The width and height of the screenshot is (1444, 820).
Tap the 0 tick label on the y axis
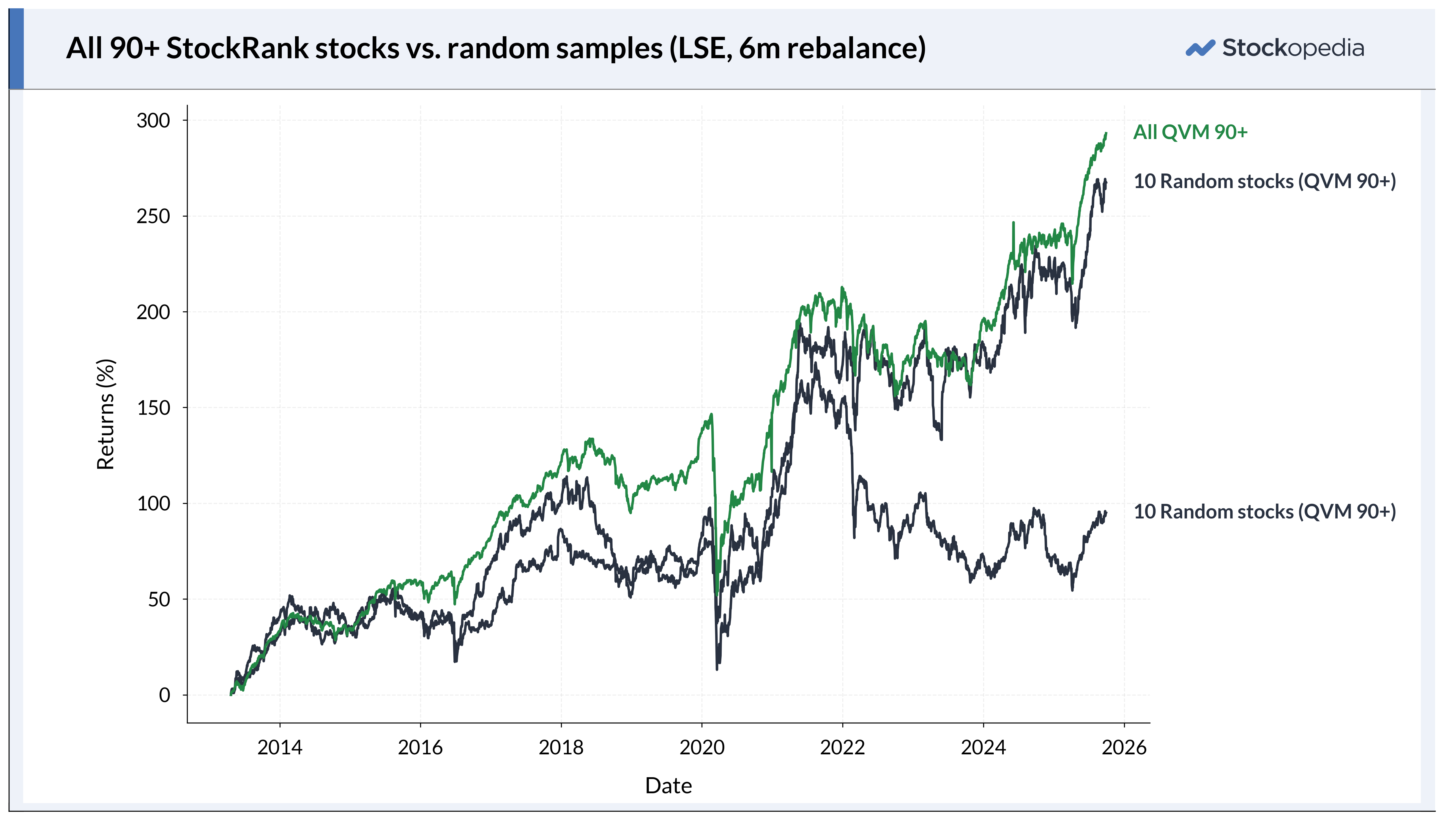coord(164,695)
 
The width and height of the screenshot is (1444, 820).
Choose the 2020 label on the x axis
coord(702,747)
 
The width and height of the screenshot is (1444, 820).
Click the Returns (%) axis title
coord(106,414)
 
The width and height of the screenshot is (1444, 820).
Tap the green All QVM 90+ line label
coord(1190,132)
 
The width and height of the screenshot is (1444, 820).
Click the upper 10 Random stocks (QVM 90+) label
coord(1264,181)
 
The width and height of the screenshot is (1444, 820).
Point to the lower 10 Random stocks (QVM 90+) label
coord(1264,511)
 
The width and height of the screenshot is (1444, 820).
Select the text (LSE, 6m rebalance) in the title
coord(797,48)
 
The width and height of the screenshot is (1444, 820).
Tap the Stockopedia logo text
coord(1293,48)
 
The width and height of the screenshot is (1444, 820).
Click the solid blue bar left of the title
coord(16,49)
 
